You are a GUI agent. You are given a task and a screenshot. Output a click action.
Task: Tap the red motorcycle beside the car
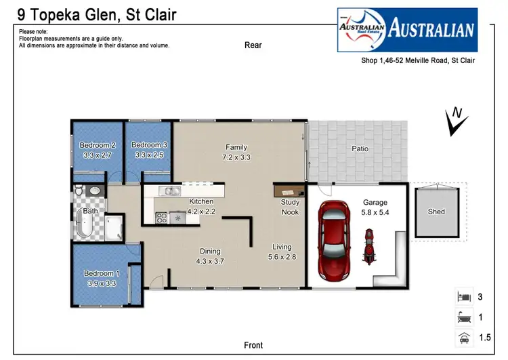[369, 245]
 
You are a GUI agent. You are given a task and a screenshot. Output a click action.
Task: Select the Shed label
[436, 212]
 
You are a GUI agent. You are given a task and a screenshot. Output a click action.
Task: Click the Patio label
[360, 148]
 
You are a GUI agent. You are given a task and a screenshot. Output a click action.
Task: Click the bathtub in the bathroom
[86, 223]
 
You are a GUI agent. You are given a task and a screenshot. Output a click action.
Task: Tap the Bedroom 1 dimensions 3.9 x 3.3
[98, 283]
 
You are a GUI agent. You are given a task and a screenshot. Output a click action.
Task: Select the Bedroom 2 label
[98, 145]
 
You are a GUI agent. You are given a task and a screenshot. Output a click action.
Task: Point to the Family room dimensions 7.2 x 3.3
[236, 157]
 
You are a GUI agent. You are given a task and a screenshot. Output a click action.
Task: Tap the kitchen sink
[169, 191]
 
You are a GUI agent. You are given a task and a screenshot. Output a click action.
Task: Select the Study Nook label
[290, 207]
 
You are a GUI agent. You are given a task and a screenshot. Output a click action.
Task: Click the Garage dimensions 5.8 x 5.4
[375, 212]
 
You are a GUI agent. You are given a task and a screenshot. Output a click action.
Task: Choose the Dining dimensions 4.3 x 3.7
[210, 261]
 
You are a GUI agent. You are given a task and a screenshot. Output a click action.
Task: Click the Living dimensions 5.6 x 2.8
[282, 257]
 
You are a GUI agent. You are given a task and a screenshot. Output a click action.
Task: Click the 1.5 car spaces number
[484, 338]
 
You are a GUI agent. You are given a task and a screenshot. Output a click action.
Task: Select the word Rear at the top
[253, 45]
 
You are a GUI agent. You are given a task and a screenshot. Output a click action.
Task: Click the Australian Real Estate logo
[407, 30]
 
